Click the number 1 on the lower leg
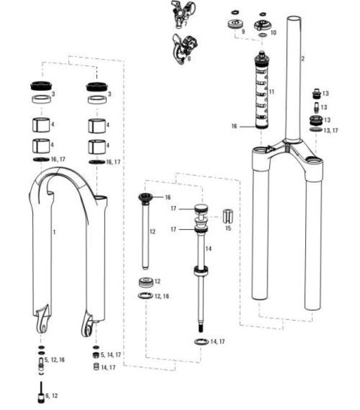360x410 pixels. point(54,234)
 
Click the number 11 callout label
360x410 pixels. point(271,92)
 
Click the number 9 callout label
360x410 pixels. point(243,33)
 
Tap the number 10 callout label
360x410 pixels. point(274,33)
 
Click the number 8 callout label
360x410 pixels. point(189,59)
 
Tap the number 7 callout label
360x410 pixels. point(185,23)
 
